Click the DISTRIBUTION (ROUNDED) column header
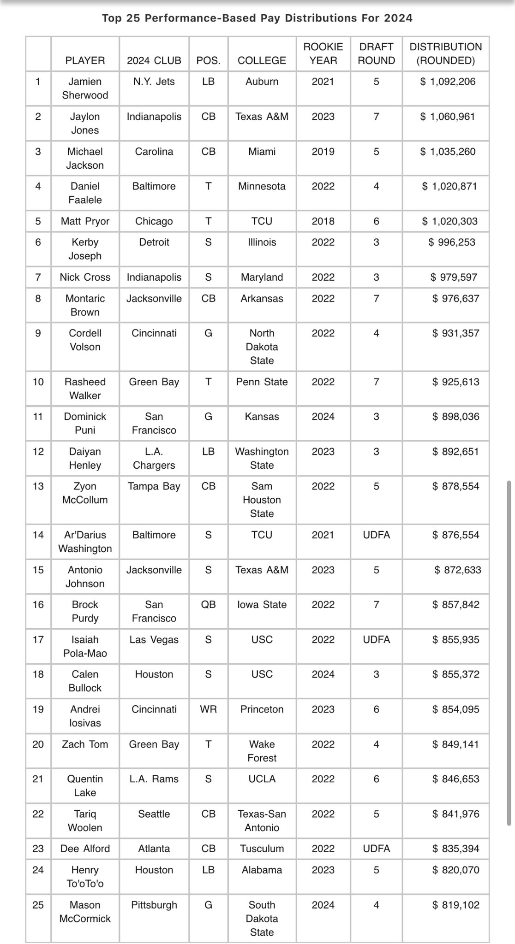tap(445, 53)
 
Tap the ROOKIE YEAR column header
tap(323, 53)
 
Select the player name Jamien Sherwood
tap(85, 88)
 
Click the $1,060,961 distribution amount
tap(447, 117)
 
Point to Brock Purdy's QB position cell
tap(208, 604)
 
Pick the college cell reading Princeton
tap(262, 709)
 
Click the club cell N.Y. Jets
tap(154, 82)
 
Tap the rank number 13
tap(38, 486)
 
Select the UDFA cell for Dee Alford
tap(376, 849)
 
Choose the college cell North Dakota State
tap(262, 347)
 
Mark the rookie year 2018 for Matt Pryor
tap(323, 221)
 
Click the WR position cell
tap(208, 709)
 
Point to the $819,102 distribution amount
tap(455, 905)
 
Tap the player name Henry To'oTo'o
tap(85, 877)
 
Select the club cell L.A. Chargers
tap(154, 458)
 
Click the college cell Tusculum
tap(262, 849)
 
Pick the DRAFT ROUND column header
tap(376, 53)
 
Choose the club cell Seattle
tap(154, 814)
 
